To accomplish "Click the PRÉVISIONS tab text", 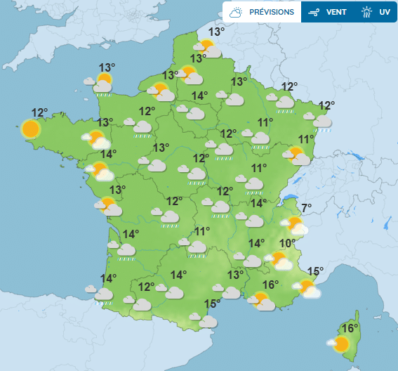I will (271, 12).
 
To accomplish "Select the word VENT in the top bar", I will (336, 12).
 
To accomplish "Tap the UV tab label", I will (384, 12).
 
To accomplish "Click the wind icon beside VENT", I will (314, 12).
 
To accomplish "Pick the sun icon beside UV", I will (366, 12).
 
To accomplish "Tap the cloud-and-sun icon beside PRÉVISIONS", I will (237, 12).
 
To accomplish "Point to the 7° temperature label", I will (306, 207).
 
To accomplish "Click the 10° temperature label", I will (287, 244).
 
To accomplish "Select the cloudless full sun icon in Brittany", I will (30, 129).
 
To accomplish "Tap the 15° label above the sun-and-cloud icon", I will (315, 271).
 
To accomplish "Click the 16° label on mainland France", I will (271, 285).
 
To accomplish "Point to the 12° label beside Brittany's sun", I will (39, 112).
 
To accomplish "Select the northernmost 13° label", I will (216, 32).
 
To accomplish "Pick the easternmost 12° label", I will (326, 106).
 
